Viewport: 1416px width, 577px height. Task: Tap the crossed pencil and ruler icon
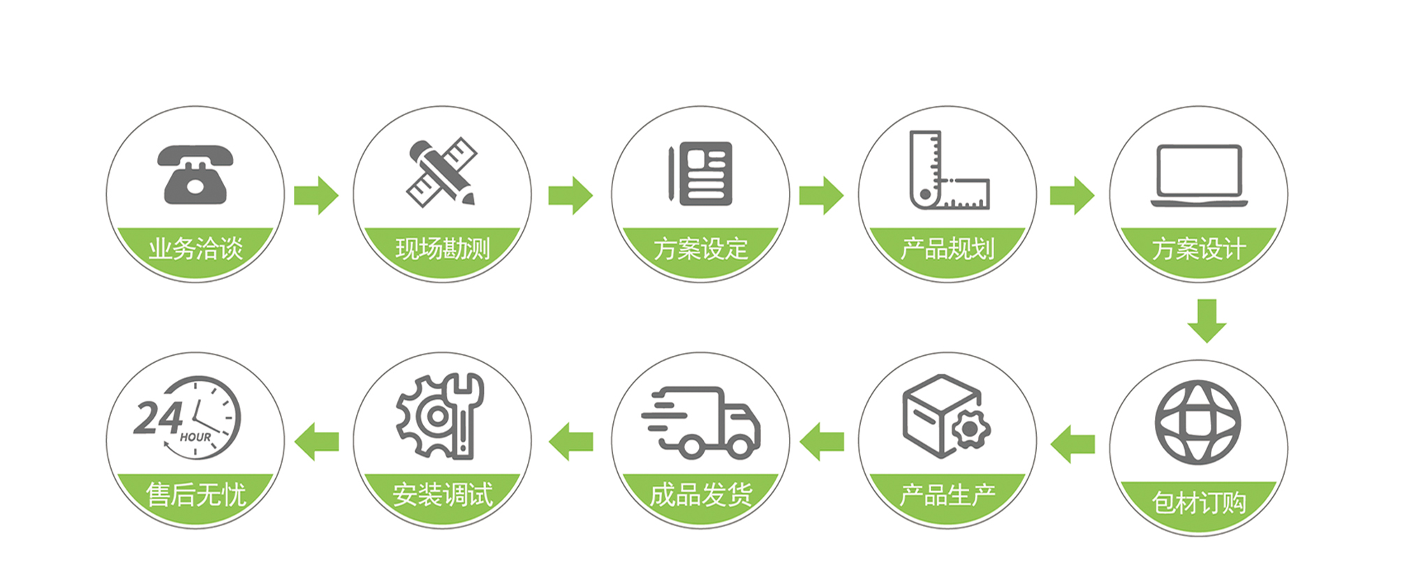tap(442, 172)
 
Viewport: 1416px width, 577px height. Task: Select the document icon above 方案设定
tap(701, 173)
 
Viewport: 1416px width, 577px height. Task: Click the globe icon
tap(1197, 422)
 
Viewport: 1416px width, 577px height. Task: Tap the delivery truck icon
tap(701, 422)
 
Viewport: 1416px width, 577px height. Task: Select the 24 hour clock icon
tap(189, 418)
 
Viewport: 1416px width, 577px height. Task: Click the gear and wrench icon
tap(440, 417)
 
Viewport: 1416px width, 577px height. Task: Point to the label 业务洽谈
tap(196, 248)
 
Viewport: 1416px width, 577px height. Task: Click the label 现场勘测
tap(443, 248)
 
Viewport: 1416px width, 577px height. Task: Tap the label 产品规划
tap(947, 248)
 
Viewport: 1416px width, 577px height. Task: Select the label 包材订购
tap(1198, 502)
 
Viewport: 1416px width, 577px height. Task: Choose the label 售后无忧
tap(196, 495)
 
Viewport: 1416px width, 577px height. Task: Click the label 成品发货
tap(701, 495)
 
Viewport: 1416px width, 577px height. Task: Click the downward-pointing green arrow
tap(1207, 320)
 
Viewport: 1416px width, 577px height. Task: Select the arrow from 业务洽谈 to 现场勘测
tap(316, 195)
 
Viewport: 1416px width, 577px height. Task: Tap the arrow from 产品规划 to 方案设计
tap(1072, 195)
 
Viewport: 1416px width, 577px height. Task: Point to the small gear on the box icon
tap(970, 429)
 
